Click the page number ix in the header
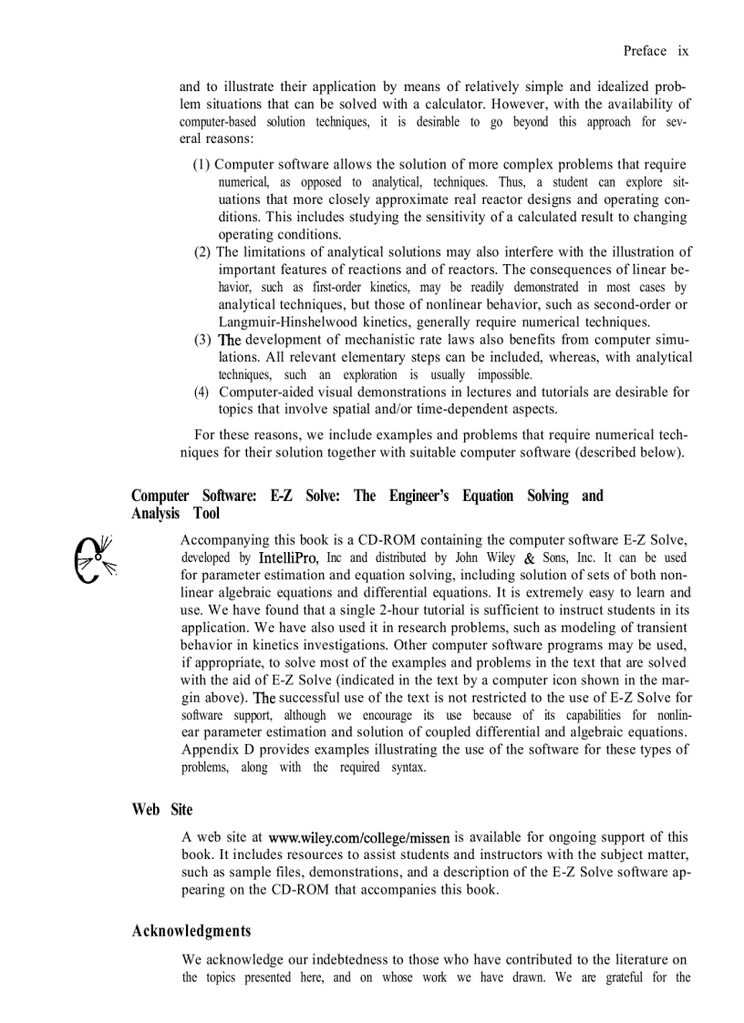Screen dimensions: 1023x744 (682, 51)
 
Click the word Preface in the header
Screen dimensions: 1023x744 (645, 51)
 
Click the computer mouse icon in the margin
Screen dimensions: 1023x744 (93, 559)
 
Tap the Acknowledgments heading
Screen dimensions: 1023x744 (191, 930)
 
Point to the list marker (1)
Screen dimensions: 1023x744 (201, 165)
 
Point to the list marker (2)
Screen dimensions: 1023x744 (202, 252)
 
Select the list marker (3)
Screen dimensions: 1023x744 (202, 340)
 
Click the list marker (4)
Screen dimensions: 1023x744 (202, 393)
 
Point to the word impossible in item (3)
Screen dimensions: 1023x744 (501, 374)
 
